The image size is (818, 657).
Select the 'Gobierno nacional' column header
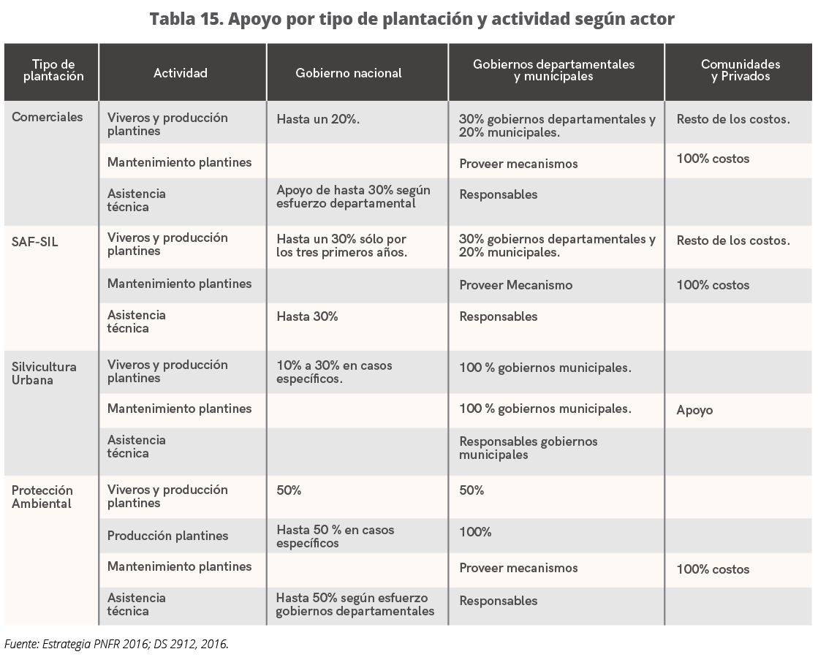click(x=349, y=73)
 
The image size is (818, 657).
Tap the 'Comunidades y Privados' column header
click(x=740, y=70)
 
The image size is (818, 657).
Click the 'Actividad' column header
click(x=181, y=73)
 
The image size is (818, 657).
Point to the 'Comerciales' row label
click(x=48, y=117)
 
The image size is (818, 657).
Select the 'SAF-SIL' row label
click(x=34, y=242)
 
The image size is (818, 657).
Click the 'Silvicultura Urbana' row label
click(x=44, y=373)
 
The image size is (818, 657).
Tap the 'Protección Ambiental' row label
click(x=42, y=497)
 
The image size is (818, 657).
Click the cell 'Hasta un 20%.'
click(x=318, y=118)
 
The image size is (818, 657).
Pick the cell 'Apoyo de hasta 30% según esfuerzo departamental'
click(x=353, y=197)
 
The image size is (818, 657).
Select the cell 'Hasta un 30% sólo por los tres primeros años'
click(x=341, y=246)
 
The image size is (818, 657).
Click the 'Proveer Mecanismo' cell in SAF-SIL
click(x=515, y=285)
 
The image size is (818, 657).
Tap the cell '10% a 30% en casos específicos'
click(x=334, y=372)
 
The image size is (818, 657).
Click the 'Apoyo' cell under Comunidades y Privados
click(x=694, y=410)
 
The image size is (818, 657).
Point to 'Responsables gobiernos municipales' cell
click(x=528, y=448)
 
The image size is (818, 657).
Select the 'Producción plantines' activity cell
click(x=167, y=536)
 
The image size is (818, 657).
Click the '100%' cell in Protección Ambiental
click(x=475, y=532)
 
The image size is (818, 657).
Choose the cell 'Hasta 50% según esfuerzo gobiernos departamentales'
click(x=355, y=604)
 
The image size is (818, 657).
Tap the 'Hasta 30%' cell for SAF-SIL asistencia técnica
click(x=307, y=316)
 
